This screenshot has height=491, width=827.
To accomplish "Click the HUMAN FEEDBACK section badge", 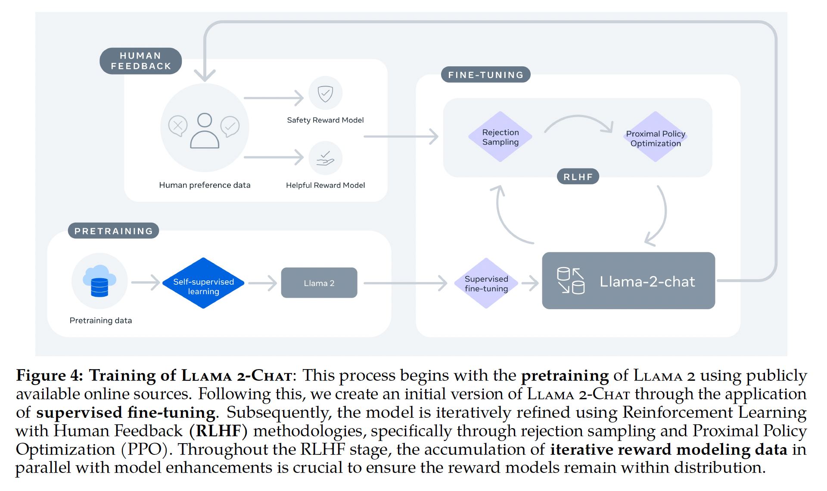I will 140,61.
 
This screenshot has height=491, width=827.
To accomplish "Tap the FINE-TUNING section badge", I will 485,75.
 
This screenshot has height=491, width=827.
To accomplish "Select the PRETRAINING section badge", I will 113,231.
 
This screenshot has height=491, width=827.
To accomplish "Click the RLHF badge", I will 578,177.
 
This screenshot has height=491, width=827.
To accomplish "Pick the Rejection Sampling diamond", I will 500,137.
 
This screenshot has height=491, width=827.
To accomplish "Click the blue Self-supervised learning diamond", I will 203,283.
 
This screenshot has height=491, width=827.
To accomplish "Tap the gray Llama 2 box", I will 319,283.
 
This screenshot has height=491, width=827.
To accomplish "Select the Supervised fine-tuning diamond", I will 486,283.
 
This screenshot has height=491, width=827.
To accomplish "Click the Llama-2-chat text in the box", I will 647,282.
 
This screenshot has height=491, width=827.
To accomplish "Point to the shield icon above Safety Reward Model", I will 325,93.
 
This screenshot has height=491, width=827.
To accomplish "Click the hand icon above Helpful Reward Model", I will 325,158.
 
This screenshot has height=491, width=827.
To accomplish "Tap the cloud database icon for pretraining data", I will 99,281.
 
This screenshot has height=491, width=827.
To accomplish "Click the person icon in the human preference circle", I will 205,131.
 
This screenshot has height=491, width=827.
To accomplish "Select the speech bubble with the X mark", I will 177,126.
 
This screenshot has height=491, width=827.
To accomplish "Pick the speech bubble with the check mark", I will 230,126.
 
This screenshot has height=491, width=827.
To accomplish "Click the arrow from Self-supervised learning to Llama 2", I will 262,283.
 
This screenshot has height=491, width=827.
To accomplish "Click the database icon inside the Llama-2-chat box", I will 571,280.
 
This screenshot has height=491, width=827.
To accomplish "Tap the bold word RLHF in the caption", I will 218,431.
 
